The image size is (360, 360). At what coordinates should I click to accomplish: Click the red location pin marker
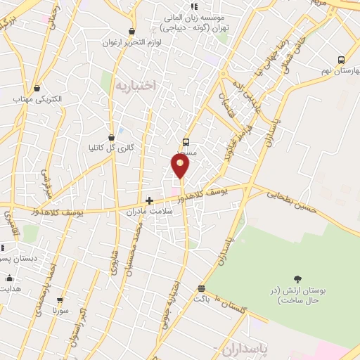tap(181, 165)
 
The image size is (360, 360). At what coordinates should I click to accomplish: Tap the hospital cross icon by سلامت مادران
tap(149, 200)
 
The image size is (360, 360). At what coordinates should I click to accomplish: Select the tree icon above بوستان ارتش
tap(298, 279)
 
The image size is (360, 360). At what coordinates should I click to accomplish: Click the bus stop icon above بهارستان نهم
tap(341, 60)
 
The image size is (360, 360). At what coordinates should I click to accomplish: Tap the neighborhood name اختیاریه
tap(133, 85)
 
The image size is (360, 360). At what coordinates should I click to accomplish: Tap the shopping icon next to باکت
tap(202, 288)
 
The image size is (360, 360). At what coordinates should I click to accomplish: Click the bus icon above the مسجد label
tap(186, 141)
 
